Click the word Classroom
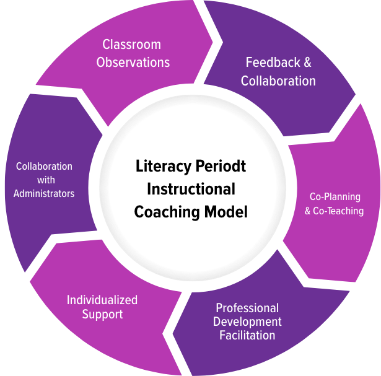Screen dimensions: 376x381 [131, 45]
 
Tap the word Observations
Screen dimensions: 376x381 [133, 63]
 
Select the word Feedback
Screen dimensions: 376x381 [271, 63]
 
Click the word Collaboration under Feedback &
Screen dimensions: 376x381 [278, 81]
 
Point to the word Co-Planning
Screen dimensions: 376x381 [335, 197]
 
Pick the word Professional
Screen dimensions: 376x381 [247, 308]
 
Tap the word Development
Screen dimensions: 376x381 [247, 321]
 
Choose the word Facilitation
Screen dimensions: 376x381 [247, 335]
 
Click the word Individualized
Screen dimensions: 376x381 [102, 300]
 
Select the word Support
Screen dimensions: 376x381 [102, 314]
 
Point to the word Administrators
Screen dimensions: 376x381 [44, 194]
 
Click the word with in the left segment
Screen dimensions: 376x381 [44, 180]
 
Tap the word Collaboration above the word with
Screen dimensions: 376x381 [44, 167]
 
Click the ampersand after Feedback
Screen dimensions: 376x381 [305, 63]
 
